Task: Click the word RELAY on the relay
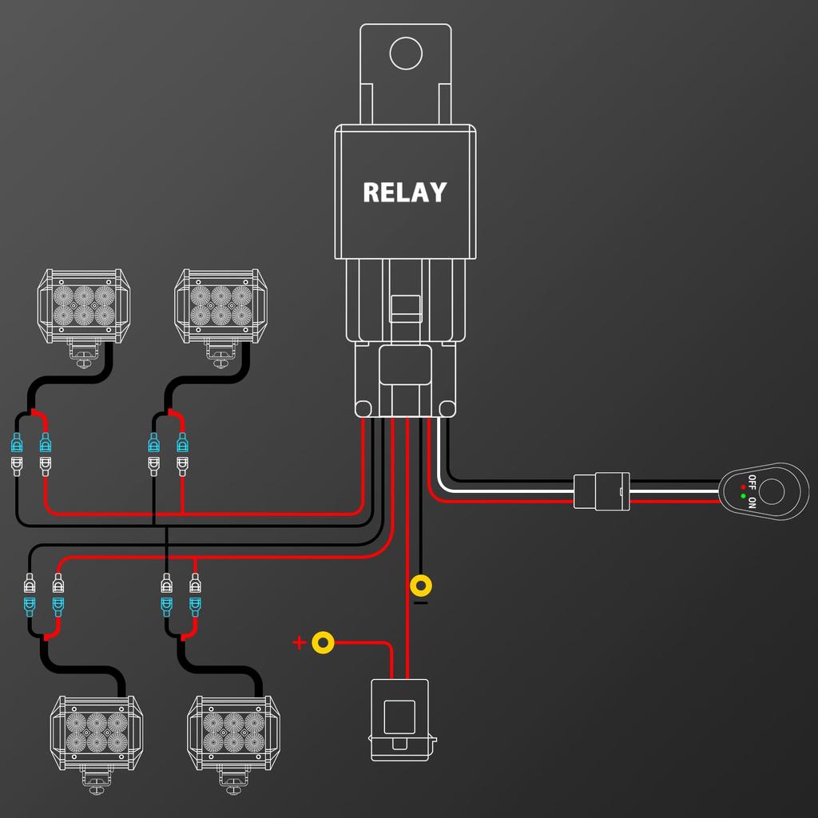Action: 404,193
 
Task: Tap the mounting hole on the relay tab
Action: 405,53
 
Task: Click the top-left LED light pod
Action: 85,306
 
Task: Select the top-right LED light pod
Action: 220,306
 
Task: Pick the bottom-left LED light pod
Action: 97,733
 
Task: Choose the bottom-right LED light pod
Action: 233,733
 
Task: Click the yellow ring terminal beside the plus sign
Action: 323,642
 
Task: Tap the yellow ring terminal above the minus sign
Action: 421,586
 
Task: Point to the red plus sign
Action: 299,643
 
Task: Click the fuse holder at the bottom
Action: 399,719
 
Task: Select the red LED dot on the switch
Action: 744,486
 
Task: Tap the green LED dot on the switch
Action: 744,498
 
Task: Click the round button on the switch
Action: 772,491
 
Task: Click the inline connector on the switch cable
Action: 601,490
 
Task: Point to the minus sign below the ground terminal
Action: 421,603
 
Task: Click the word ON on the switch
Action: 752,501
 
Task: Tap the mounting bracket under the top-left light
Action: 83,353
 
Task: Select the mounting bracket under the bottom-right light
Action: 232,780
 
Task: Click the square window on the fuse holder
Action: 399,717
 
